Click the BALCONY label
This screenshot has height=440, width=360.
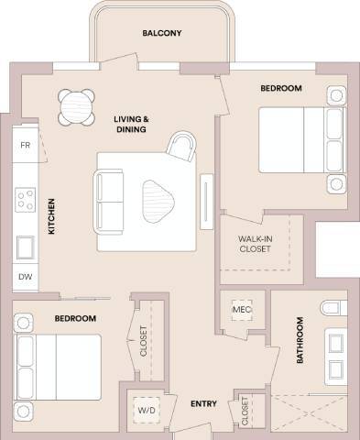(x=162, y=34)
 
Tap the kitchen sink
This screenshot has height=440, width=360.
(x=25, y=247)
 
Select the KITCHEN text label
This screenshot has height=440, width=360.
(x=52, y=216)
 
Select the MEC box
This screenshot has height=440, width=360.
(x=241, y=310)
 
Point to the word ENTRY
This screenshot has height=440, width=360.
(x=202, y=404)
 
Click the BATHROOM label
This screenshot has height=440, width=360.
(x=300, y=341)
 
